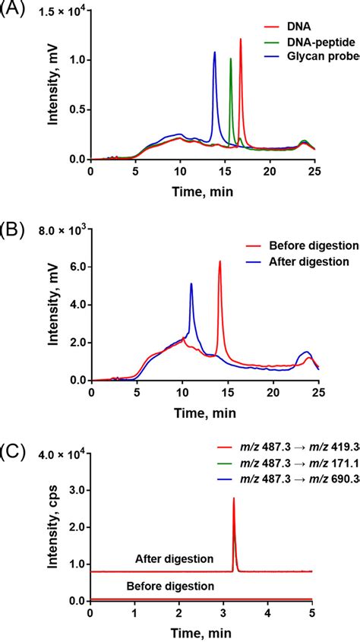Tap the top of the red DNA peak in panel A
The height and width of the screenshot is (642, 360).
pos(241,40)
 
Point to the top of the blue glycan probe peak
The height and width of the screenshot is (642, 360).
pos(215,52)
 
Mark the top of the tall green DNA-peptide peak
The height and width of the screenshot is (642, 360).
pos(231,59)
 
